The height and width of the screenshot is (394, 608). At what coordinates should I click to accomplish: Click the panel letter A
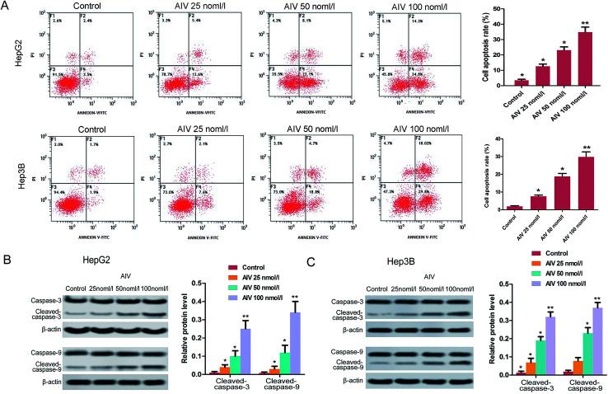pos(7,7)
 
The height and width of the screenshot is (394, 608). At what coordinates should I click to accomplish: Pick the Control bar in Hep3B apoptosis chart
pos(515,206)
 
